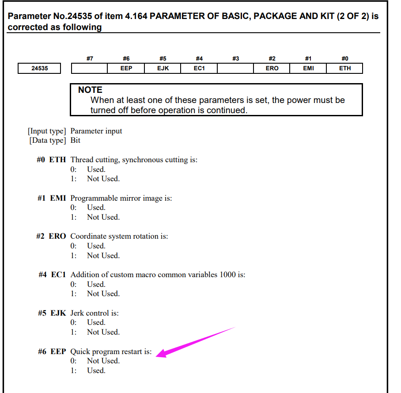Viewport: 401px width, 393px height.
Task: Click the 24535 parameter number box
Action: point(40,69)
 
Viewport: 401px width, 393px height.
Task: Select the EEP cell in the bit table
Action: point(126,69)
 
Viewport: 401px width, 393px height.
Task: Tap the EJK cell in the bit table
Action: point(163,69)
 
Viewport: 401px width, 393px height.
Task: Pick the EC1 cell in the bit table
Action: point(199,69)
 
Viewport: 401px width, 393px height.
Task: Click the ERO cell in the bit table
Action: point(272,69)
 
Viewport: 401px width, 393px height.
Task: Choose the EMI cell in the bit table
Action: point(308,69)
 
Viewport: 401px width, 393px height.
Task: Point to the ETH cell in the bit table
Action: point(345,69)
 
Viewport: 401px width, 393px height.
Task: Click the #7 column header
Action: point(90,58)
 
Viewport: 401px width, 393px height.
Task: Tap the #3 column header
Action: point(235,58)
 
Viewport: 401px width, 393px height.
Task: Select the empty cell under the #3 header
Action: point(235,69)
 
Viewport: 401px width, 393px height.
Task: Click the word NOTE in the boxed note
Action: point(90,90)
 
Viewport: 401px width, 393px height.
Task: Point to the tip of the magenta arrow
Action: point(158,354)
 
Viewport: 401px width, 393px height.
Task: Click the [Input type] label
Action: point(47,131)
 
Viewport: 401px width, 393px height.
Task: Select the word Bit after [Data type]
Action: point(76,141)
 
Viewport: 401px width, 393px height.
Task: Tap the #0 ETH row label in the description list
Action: point(51,160)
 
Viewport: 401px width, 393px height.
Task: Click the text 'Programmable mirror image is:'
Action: point(121,198)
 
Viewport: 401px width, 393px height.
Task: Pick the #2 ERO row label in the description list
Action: point(51,236)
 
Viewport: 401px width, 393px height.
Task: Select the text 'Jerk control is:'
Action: point(95,313)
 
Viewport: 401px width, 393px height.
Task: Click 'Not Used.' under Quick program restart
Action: point(103,361)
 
